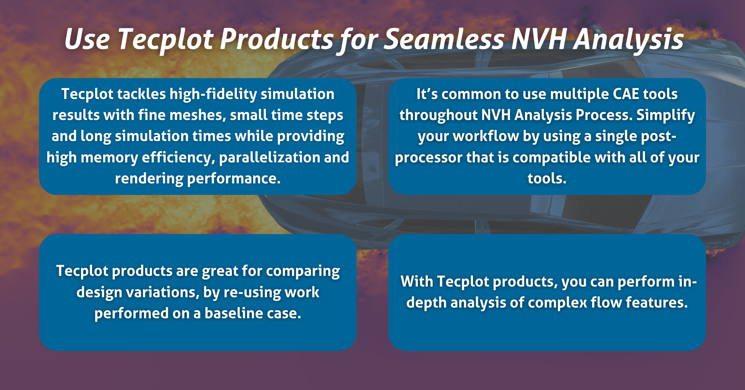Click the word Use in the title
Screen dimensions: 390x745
[87, 39]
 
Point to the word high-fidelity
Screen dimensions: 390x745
[213, 94]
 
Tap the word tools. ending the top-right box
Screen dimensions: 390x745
[547, 178]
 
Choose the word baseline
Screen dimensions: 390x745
[229, 313]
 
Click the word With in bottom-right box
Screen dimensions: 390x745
[416, 282]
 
